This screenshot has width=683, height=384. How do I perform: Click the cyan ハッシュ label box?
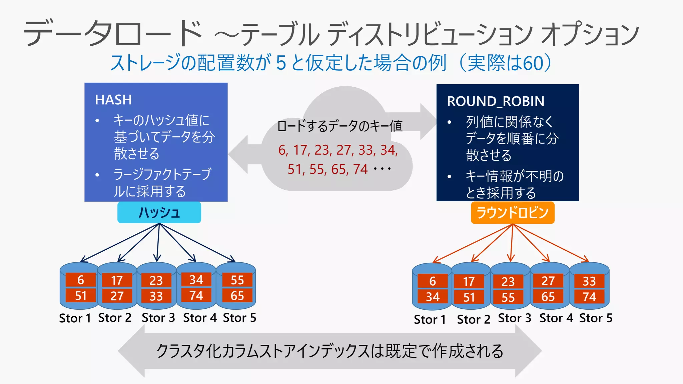159,212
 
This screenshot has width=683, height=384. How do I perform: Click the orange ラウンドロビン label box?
513,213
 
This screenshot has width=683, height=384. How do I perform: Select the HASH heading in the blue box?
113,100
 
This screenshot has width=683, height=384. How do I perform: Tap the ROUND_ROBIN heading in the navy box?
496,101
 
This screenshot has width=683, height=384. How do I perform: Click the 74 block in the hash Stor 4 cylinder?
196,295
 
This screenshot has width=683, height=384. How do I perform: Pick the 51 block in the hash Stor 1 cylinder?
81,296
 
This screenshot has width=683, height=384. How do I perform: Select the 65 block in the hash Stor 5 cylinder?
237,296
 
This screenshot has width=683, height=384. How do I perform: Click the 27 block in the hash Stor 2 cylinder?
117,296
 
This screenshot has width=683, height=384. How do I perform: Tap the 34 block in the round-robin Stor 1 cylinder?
433,297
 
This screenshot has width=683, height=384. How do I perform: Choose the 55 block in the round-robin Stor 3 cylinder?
508,297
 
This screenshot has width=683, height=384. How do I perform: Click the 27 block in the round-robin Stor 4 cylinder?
548,281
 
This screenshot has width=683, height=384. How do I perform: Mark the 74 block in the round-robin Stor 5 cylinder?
589,297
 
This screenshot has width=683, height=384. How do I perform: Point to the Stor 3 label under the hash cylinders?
158,318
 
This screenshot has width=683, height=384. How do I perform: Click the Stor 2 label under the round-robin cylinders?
474,319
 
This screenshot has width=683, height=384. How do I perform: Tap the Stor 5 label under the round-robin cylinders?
596,318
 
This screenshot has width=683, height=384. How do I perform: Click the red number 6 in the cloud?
282,150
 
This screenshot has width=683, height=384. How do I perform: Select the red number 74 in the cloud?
361,169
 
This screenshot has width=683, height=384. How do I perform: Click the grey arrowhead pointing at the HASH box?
239,154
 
